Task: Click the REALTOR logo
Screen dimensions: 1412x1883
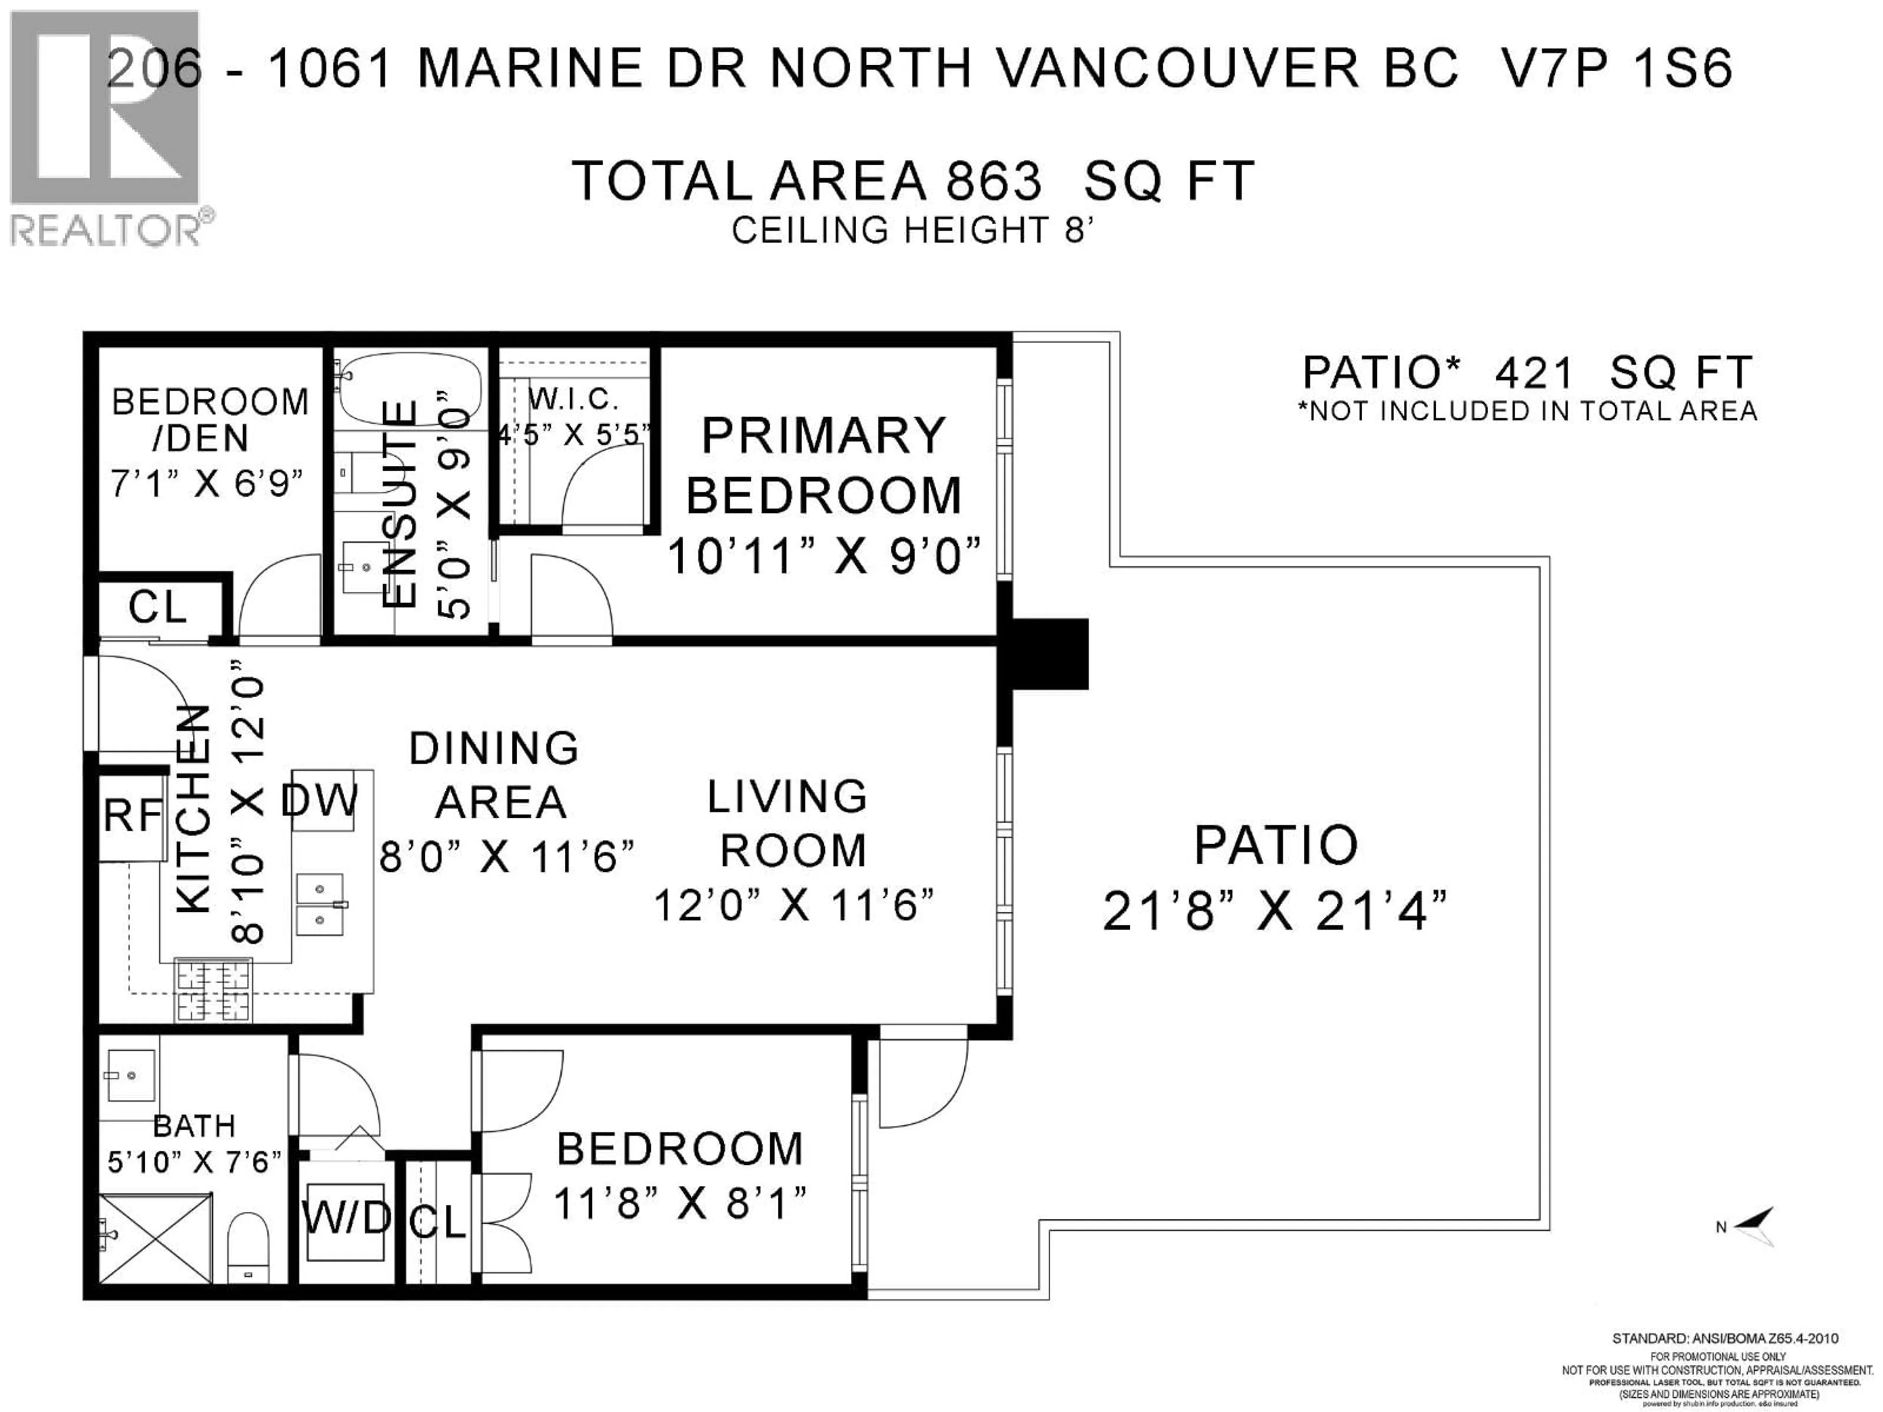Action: [106, 127]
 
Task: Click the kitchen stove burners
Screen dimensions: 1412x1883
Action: [213, 989]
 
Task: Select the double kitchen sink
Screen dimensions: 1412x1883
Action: [320, 905]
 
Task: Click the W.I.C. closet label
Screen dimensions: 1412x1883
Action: [572, 398]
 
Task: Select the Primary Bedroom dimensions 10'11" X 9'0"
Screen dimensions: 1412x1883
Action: [823, 557]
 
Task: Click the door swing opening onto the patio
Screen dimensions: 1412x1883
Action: [924, 1079]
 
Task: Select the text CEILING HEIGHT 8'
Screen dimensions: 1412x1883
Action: [912, 230]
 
